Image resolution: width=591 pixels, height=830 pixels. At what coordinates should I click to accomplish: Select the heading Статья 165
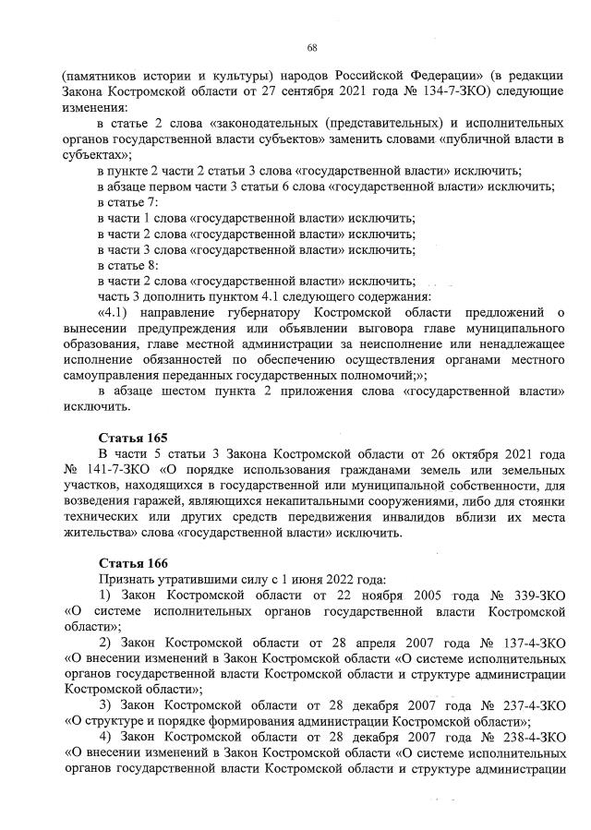point(133,436)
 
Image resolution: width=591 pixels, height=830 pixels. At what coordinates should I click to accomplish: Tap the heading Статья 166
point(133,561)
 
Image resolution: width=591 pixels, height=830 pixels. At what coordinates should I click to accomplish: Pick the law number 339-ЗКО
point(532,595)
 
